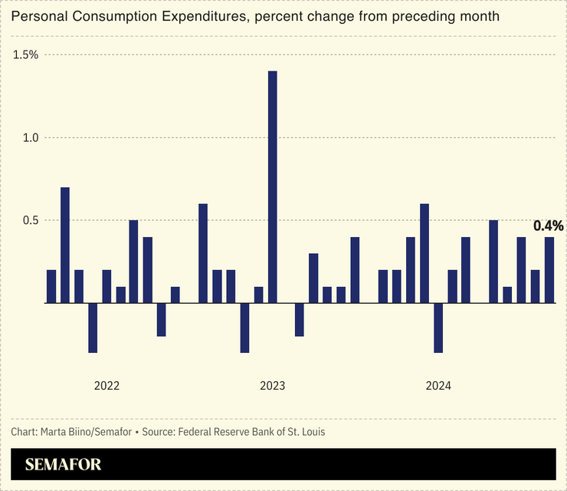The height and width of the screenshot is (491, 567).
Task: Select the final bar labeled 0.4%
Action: coord(549,270)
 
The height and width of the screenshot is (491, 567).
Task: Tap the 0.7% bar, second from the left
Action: coord(65,245)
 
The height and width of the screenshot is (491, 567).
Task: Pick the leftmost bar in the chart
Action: coord(51,286)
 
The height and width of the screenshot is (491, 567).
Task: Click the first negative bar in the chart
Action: coord(93,328)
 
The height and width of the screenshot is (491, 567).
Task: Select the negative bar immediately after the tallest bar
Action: coord(300,319)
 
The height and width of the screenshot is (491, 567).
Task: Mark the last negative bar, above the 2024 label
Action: coord(438,328)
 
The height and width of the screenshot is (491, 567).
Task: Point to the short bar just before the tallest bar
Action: coord(258,295)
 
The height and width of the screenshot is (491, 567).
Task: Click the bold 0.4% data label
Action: coord(549,226)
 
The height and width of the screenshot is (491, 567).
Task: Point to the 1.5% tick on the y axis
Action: coord(25,54)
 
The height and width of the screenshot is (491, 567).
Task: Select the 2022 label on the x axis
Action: coord(107,386)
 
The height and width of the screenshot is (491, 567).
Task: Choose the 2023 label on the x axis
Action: coord(272,386)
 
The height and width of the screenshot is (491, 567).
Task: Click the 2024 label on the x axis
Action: coord(438,386)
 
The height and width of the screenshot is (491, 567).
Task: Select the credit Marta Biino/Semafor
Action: coord(84,432)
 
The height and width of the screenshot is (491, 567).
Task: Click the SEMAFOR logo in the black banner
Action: coord(63,465)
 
